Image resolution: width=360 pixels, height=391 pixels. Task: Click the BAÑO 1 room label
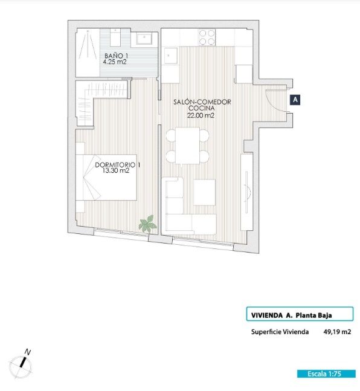pyautogui.click(x=116, y=56)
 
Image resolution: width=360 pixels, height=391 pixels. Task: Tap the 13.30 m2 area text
pyautogui.click(x=116, y=171)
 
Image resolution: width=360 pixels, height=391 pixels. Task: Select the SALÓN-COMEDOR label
pyautogui.click(x=202, y=102)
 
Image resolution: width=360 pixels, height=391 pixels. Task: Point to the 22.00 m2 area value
pyautogui.click(x=201, y=115)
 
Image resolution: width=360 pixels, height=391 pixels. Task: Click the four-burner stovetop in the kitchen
pyautogui.click(x=207, y=37)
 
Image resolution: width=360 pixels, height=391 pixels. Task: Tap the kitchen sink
pyautogui.click(x=170, y=56)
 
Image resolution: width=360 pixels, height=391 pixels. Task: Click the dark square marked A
pyautogui.click(x=295, y=100)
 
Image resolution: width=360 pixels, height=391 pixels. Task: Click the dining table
pyautogui.click(x=187, y=146)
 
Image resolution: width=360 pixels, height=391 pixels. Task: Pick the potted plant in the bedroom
pyautogui.click(x=147, y=224)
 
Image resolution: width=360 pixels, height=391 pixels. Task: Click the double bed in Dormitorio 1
pyautogui.click(x=106, y=177)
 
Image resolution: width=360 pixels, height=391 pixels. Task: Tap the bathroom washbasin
pyautogui.click(x=144, y=39)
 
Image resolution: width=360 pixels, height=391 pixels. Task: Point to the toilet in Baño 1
pyautogui.click(x=115, y=37)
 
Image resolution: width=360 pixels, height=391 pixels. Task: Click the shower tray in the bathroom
pyautogui.click(x=88, y=53)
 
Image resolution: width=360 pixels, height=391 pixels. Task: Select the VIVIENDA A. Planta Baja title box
pyautogui.click(x=300, y=314)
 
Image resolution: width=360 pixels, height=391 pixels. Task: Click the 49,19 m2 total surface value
pyautogui.click(x=337, y=332)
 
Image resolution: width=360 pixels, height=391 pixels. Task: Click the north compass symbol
pyautogui.click(x=21, y=366)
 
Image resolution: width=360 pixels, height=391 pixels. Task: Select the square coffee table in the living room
pyautogui.click(x=204, y=192)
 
